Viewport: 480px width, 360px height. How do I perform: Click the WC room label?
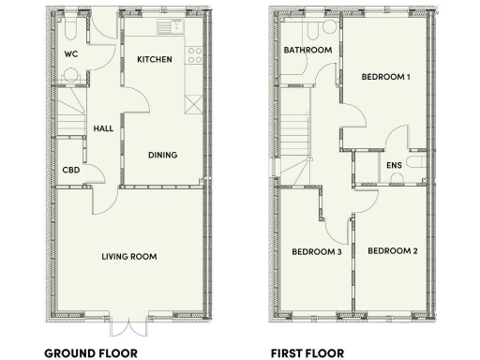coord(70,54)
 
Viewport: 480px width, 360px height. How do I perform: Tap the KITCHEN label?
coord(155,59)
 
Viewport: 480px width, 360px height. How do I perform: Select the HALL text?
coord(103,128)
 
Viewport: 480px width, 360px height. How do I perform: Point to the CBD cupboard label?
coord(70,171)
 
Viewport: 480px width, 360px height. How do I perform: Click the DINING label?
coord(163,155)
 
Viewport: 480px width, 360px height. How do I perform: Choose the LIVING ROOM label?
coord(129,256)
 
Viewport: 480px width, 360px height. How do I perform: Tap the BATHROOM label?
coord(308,50)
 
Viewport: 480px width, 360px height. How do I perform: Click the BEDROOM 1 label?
coord(386,77)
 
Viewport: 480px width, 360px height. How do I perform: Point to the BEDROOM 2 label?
coord(392,250)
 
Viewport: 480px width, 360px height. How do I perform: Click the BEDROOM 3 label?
coord(316,251)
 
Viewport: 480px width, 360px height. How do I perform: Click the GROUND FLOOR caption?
coord(92,353)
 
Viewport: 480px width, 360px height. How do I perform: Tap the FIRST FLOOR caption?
coord(307,353)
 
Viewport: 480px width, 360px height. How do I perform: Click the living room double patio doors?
coord(129,322)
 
